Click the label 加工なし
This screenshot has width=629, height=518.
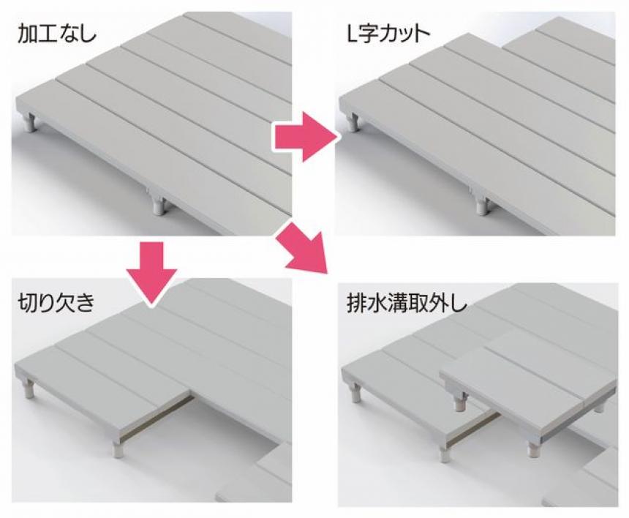(56, 34)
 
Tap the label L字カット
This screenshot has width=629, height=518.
(388, 34)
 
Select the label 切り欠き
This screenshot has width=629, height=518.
(56, 302)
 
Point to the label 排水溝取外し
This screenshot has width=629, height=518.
(407, 304)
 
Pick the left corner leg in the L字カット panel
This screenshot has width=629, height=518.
(353, 122)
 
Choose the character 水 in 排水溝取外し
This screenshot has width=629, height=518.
(377, 304)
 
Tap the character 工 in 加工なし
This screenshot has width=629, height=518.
(47, 34)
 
